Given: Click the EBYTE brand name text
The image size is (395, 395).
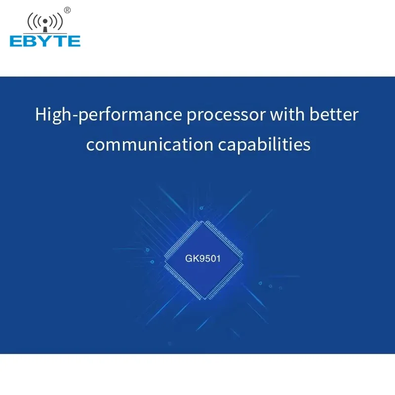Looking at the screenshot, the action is click(x=45, y=41).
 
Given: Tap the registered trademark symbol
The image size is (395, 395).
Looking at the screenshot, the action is click(x=67, y=10).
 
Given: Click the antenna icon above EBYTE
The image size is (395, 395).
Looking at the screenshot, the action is click(x=45, y=22).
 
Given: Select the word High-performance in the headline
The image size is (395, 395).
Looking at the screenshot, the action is click(x=109, y=115).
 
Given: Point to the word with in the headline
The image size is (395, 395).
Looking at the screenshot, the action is click(x=287, y=114).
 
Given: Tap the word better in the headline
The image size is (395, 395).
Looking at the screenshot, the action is click(x=334, y=114).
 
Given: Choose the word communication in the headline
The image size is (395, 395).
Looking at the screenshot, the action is click(x=150, y=145).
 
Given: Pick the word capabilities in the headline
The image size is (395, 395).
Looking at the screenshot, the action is click(x=264, y=145).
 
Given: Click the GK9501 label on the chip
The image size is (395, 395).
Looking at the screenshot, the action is click(x=203, y=258).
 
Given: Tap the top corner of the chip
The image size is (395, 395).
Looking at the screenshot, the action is click(x=203, y=221).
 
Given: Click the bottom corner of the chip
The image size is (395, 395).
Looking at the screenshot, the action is click(x=204, y=299).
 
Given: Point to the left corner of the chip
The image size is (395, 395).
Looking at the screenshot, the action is click(x=164, y=261).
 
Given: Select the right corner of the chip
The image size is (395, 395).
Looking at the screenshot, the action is click(x=243, y=260).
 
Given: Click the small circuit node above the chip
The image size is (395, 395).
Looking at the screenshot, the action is click(x=201, y=208).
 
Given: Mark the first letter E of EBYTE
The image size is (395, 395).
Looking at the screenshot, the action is click(x=16, y=41).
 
